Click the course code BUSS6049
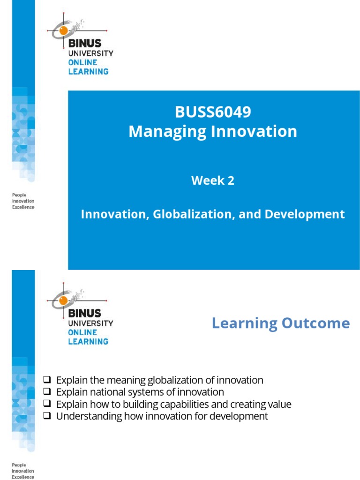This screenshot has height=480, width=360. [213, 112]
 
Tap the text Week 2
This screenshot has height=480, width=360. [213, 180]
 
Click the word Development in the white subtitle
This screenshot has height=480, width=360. [305, 214]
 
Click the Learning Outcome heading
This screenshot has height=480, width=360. [280, 323]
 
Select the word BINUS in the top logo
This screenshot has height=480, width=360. [84, 44]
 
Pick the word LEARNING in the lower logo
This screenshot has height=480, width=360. [88, 341]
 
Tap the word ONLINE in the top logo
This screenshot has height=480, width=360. [82, 62]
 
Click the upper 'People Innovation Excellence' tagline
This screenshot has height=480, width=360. [23, 201]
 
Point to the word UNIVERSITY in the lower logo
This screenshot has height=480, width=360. [90, 323]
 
